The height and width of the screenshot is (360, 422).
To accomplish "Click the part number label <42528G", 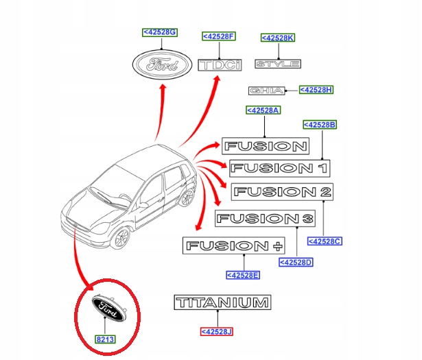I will tap(159, 32).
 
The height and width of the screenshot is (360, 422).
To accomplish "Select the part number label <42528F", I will tap(218, 36).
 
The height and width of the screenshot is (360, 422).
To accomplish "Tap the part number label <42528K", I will tap(277, 38).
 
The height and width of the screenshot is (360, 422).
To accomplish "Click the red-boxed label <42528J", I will tap(217, 332).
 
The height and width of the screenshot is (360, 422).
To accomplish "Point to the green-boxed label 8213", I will tap(104, 339).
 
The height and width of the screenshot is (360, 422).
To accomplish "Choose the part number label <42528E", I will tap(243, 275).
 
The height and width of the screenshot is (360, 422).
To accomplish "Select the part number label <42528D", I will tap(296, 262).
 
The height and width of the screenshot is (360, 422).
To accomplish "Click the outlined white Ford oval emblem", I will tap(162, 67).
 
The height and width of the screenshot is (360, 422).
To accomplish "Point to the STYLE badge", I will tap(277, 64).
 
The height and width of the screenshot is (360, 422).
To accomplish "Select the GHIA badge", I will tap(265, 91).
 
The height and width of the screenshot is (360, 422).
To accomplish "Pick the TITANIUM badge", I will tap(222, 302).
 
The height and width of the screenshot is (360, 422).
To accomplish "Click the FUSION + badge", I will tap(231, 245).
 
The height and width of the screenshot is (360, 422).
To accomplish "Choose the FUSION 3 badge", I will tap(264, 219).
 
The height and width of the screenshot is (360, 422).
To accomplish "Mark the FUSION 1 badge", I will tap(279, 167).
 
